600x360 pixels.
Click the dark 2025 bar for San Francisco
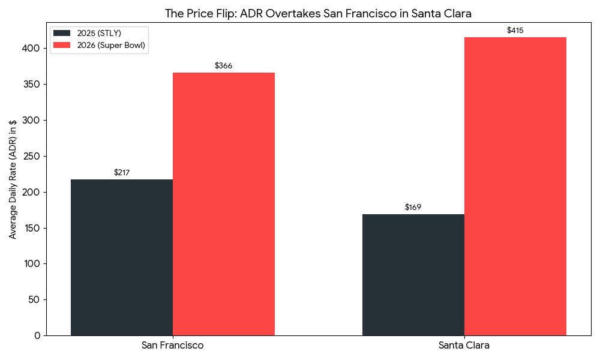(x=122, y=257)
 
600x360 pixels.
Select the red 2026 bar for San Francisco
(x=224, y=204)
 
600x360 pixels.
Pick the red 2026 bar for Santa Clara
(x=515, y=186)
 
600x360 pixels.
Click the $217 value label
(x=122, y=173)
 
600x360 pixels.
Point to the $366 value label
(x=224, y=66)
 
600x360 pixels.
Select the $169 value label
(x=413, y=208)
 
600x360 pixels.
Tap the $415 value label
(x=515, y=31)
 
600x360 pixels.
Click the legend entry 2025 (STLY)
(x=99, y=33)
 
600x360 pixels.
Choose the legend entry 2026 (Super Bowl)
(x=111, y=45)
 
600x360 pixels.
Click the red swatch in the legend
(x=62, y=45)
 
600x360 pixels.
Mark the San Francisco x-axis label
(x=173, y=346)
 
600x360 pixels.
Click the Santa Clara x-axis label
(x=464, y=346)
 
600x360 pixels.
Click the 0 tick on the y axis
(x=37, y=335)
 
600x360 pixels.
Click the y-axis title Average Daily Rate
(x=13, y=179)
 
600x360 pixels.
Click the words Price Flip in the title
(x=211, y=13)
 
